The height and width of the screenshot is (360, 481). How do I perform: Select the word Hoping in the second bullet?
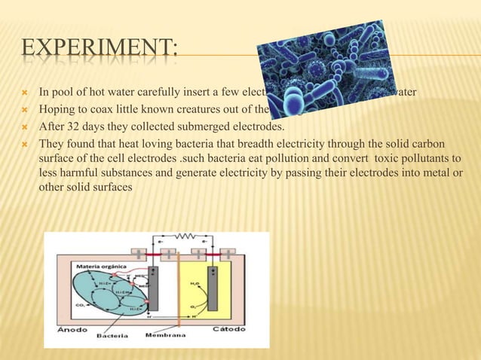[55, 110]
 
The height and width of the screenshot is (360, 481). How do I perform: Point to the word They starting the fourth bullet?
[52, 144]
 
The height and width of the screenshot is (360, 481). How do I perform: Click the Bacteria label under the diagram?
[109, 337]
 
